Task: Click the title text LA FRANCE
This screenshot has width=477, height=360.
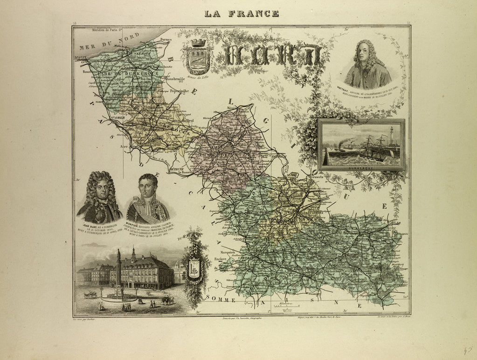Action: pyautogui.click(x=242, y=14)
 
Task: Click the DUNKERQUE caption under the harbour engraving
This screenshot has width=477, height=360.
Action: pyautogui.click(x=361, y=165)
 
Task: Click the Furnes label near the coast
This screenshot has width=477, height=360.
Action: pyautogui.click(x=165, y=40)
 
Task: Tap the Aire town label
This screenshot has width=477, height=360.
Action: pyautogui.click(x=124, y=146)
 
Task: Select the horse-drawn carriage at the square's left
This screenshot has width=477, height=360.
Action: pyautogui.click(x=90, y=295)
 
